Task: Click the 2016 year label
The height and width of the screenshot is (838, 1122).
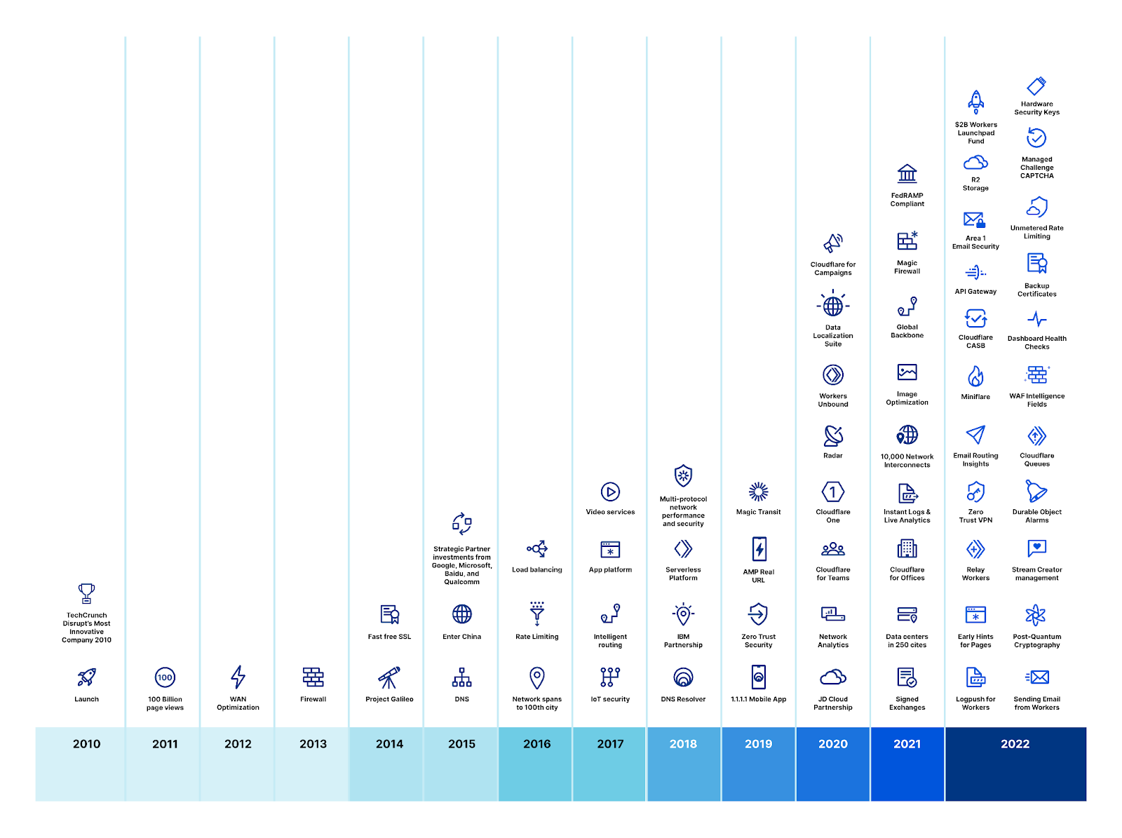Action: (536, 744)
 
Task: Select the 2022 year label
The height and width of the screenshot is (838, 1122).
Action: (1015, 744)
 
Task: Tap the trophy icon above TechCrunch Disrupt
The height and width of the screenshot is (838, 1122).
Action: (86, 593)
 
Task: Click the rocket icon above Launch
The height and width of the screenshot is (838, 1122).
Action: (86, 677)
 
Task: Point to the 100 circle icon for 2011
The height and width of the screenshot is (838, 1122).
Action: (165, 677)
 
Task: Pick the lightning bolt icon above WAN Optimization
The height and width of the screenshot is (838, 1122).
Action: (238, 677)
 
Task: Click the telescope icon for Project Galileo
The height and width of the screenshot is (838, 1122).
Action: (389, 677)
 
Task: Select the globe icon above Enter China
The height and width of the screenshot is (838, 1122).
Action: (461, 614)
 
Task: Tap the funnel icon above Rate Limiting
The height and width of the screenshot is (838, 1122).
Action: (536, 614)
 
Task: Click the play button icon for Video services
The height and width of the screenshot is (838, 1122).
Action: (610, 492)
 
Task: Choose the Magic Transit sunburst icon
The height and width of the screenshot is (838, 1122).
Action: (758, 492)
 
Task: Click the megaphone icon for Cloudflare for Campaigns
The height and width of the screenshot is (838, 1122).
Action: (833, 243)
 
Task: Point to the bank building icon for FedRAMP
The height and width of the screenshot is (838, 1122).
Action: (907, 173)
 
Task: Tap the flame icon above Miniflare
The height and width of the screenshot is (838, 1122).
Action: (975, 377)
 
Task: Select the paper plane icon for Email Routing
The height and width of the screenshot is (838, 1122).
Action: (975, 435)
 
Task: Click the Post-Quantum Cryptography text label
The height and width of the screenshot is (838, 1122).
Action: (1036, 641)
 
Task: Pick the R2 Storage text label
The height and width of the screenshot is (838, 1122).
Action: (975, 184)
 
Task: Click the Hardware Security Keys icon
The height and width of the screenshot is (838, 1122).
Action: (1036, 86)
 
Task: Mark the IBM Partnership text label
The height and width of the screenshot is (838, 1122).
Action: (683, 641)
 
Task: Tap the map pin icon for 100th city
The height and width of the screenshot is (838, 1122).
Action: (536, 677)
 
